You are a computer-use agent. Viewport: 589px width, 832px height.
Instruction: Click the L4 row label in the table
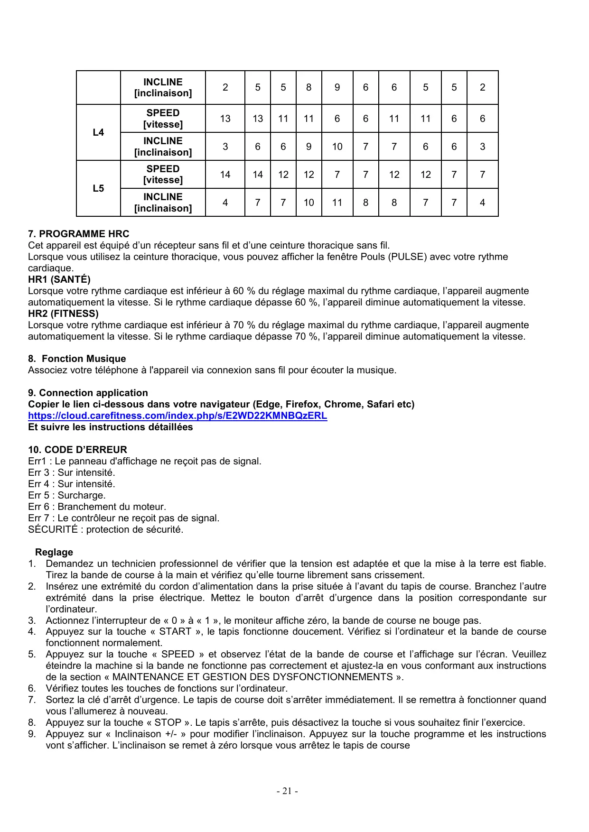(98, 132)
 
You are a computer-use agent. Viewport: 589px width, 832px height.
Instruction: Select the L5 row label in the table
(98, 188)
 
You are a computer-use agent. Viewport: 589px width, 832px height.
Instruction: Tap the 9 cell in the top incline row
(337, 87)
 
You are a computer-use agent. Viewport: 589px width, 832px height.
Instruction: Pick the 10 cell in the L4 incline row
(337, 147)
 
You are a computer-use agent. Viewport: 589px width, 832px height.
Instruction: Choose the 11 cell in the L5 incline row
(337, 203)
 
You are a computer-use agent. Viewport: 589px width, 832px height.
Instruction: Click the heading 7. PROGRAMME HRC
(78, 234)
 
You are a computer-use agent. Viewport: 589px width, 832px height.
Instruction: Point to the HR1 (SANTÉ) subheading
(59, 279)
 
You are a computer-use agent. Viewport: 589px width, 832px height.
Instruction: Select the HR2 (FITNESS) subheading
(63, 314)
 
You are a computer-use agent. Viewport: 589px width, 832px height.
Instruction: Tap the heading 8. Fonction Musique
(77, 359)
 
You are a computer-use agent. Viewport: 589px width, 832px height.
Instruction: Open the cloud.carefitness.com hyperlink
(178, 416)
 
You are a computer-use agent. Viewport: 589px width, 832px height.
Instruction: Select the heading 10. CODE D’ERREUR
(77, 450)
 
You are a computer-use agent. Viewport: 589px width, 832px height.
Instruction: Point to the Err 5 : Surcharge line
(66, 495)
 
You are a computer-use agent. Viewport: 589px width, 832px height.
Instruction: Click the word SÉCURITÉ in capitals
(53, 529)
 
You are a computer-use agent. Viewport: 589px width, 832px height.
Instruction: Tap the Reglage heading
(54, 552)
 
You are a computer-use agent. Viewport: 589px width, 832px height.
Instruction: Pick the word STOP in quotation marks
(168, 722)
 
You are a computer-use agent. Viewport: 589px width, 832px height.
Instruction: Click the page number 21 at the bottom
(287, 791)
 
